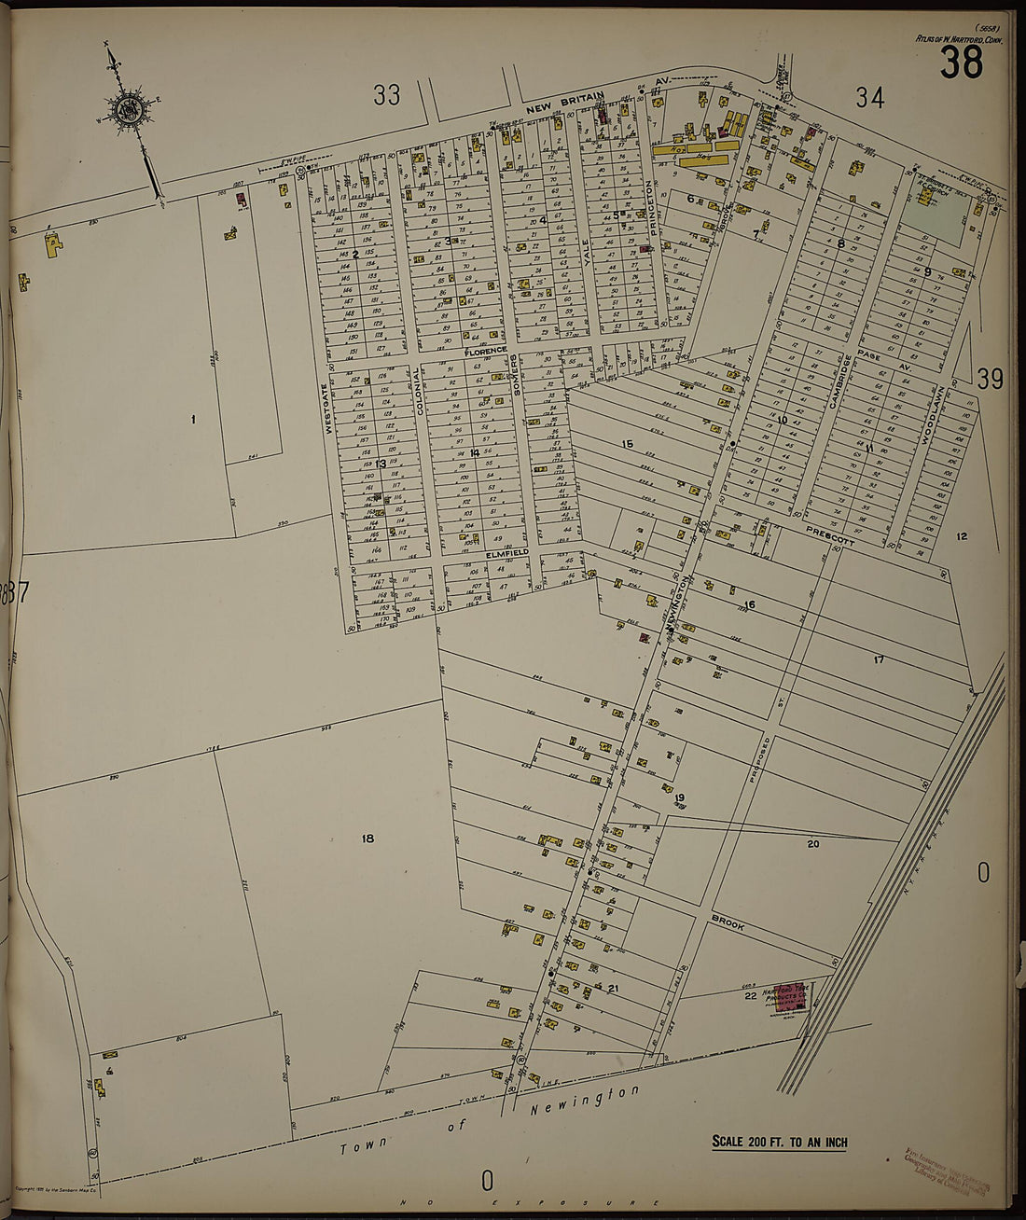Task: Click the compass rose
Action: (x=125, y=111)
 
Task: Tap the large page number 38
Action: (x=961, y=62)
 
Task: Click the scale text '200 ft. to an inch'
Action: (x=780, y=1141)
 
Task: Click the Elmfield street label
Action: (x=506, y=552)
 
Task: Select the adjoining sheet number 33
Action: (x=387, y=94)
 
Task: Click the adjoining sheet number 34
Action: (x=869, y=96)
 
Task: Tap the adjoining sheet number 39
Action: (x=990, y=379)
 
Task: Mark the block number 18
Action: (x=367, y=839)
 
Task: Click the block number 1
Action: (x=193, y=419)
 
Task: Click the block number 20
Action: (x=812, y=843)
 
